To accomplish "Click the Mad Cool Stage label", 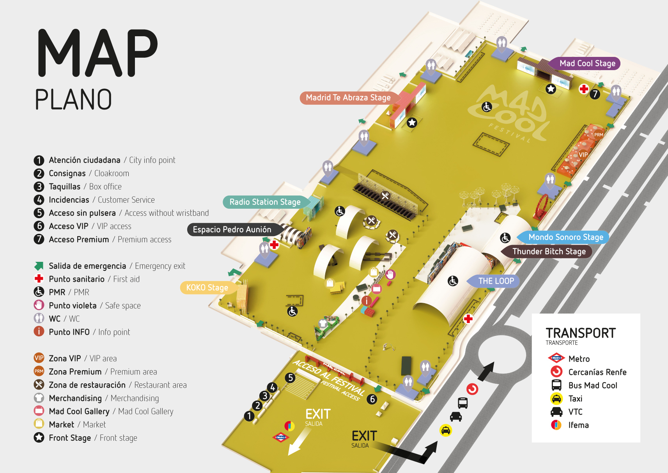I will [x=587, y=64].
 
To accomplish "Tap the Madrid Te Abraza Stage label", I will [x=348, y=98].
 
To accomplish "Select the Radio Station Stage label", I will [x=265, y=202].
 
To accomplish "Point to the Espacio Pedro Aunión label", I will [x=232, y=229].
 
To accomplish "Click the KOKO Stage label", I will [x=207, y=288].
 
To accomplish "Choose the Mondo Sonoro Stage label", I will [x=565, y=237].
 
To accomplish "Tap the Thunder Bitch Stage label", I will [x=549, y=252].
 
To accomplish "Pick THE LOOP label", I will [x=496, y=281].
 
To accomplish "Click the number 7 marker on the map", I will [x=595, y=94].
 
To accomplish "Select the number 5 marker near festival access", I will [x=290, y=378].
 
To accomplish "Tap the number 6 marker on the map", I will [x=372, y=399].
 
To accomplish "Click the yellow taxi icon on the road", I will [x=446, y=431].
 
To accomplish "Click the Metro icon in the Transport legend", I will [x=556, y=358].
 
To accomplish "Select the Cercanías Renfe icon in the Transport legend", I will [x=556, y=372].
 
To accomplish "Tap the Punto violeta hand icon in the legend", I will [x=39, y=305].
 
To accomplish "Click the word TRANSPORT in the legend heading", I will [x=581, y=334].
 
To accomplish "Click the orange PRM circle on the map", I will [x=598, y=135].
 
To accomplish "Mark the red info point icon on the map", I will [x=366, y=301].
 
